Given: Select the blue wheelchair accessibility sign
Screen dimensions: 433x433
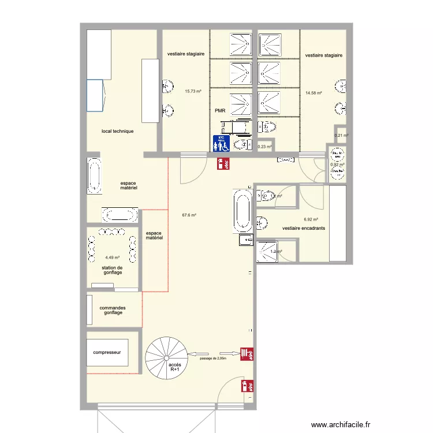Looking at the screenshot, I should [x=222, y=143].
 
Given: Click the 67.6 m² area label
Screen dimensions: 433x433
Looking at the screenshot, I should [x=189, y=215].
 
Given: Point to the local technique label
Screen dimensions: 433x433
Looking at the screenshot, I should [x=117, y=131].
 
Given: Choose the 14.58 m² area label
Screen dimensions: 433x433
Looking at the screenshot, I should [x=313, y=92].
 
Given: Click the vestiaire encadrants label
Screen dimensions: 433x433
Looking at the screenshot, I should [x=304, y=228].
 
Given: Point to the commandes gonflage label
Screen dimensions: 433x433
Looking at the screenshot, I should [x=113, y=310].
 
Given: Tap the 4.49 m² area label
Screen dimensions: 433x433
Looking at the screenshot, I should [x=112, y=258].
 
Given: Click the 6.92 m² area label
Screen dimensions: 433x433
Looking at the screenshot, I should [x=311, y=219].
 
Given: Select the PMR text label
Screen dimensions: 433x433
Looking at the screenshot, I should [x=220, y=111].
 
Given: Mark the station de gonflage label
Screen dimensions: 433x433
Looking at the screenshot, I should [x=113, y=270].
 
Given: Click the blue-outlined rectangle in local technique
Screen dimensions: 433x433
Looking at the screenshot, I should [x=95, y=95].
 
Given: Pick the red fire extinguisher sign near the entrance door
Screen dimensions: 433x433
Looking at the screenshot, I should [x=245, y=385].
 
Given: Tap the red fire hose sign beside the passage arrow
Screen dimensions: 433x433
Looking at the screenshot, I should [x=245, y=353].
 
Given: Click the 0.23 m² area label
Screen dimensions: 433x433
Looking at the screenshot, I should [x=264, y=147].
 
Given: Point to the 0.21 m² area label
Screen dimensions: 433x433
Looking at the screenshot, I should [x=342, y=136].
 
